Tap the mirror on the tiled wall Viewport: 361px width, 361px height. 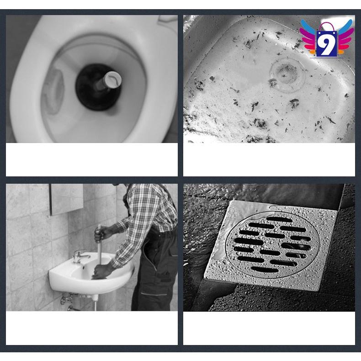pyautogui.click(x=67, y=199)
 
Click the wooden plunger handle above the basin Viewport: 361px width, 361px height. pyautogui.click(x=98, y=251)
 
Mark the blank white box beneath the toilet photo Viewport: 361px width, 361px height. pyautogui.click(x=91, y=159)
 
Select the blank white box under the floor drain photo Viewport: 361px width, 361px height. pyautogui.click(x=269, y=328)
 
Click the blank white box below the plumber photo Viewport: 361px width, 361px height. pyautogui.click(x=91, y=328)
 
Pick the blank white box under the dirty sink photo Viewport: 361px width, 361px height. pyautogui.click(x=269, y=159)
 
